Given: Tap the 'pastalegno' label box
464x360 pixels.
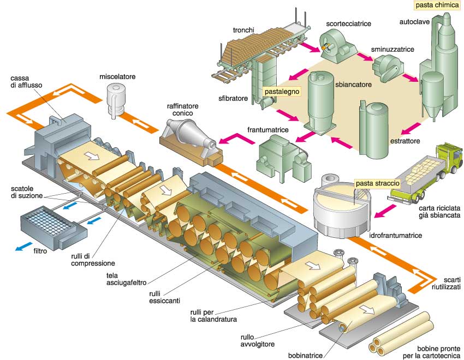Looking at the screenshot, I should pos(282,92).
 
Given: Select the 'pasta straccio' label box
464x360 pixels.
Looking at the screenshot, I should pos(377,183).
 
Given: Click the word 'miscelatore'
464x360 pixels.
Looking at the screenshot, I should pos(117,76).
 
